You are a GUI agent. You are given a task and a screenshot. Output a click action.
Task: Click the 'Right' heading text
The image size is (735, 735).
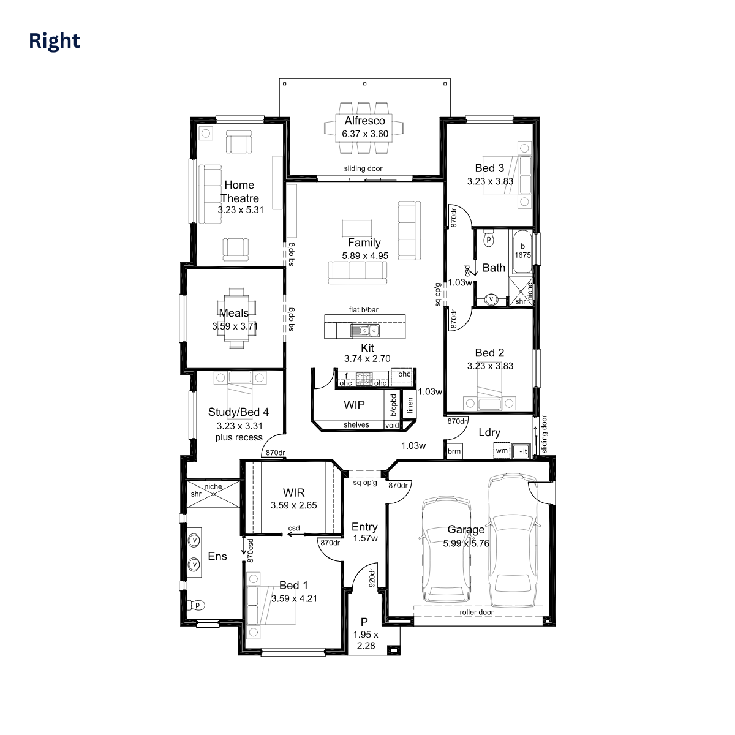(x=55, y=41)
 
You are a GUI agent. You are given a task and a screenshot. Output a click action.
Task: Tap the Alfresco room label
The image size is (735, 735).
(x=364, y=121)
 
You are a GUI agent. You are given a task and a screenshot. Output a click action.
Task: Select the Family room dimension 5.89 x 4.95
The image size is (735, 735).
(x=365, y=255)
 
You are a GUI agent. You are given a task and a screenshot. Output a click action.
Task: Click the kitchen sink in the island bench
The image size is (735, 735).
(x=364, y=330)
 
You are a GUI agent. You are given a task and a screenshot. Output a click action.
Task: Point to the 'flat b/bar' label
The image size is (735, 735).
(x=363, y=310)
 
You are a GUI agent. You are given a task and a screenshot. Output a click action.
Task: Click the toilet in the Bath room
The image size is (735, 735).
(x=489, y=238)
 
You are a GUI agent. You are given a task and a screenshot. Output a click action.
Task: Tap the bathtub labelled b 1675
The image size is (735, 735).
(x=522, y=251)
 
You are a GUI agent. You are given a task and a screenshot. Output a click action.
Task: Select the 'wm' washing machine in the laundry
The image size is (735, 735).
(x=502, y=450)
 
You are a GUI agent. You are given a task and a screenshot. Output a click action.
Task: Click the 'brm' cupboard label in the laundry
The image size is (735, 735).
(x=454, y=451)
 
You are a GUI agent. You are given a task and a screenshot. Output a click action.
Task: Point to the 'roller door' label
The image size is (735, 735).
(x=477, y=612)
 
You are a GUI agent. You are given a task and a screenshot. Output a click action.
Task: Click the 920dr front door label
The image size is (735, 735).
(x=372, y=578)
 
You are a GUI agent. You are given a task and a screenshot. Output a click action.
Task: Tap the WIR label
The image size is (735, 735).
(x=294, y=492)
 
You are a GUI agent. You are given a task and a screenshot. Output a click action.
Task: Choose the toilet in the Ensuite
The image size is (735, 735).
(x=196, y=605)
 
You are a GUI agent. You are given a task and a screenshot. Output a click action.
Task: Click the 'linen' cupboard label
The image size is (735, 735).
(x=410, y=405)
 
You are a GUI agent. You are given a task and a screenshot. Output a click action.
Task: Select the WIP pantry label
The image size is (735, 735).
(x=354, y=405)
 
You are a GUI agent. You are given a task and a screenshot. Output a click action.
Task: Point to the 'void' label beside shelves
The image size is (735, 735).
(x=392, y=425)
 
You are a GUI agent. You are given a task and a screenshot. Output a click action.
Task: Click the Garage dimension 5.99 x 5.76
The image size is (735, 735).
(x=466, y=543)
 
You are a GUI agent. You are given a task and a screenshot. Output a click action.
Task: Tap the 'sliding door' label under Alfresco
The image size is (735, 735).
(x=363, y=168)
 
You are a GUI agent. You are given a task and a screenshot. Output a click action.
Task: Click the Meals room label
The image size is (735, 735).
(x=234, y=313)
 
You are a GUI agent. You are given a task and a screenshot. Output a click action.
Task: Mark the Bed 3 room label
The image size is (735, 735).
(x=489, y=168)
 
